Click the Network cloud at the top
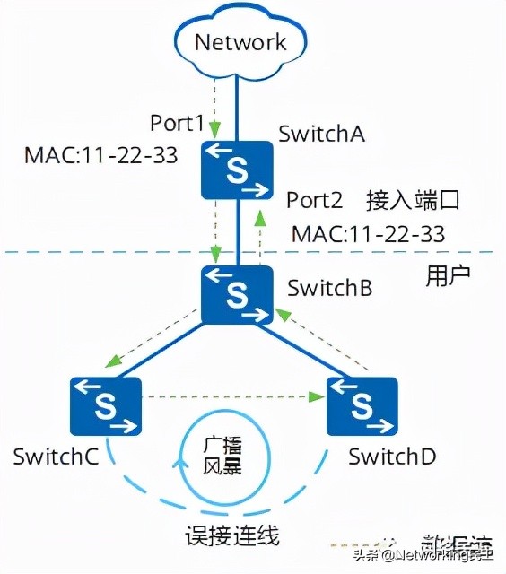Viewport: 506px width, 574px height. [x=240, y=42]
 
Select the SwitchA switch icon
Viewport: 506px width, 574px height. [x=237, y=170]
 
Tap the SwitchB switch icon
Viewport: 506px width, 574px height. [x=237, y=293]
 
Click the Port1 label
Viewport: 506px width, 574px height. [x=178, y=123]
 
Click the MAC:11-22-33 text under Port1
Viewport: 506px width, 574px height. [x=100, y=155]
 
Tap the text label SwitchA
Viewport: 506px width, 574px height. [x=321, y=135]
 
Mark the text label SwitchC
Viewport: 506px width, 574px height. [x=55, y=456]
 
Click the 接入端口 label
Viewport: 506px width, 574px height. [x=413, y=200]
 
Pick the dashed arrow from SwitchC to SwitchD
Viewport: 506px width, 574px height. [x=233, y=396]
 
